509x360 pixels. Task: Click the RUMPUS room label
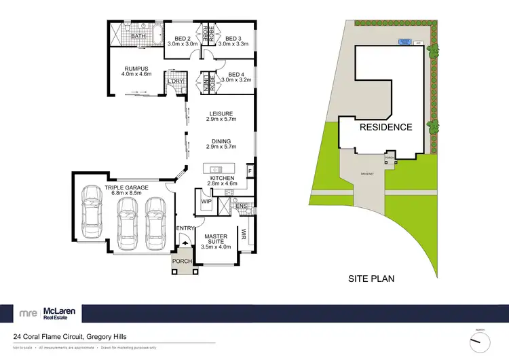coord(136,67)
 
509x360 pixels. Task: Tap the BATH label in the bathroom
coord(138,36)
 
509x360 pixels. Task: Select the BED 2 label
coord(181,39)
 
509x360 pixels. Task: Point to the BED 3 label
coord(233,39)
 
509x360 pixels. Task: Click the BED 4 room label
coord(235,75)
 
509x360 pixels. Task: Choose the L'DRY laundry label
coord(176,82)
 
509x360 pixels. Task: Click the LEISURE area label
coord(221,113)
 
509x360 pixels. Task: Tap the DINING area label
coord(221,142)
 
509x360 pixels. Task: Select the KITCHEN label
coord(221,175)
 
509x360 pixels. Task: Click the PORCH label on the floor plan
coord(181,262)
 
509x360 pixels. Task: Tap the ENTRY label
coord(185,228)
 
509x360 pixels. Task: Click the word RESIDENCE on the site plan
coord(385,127)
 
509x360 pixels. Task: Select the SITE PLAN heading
coord(371,278)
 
